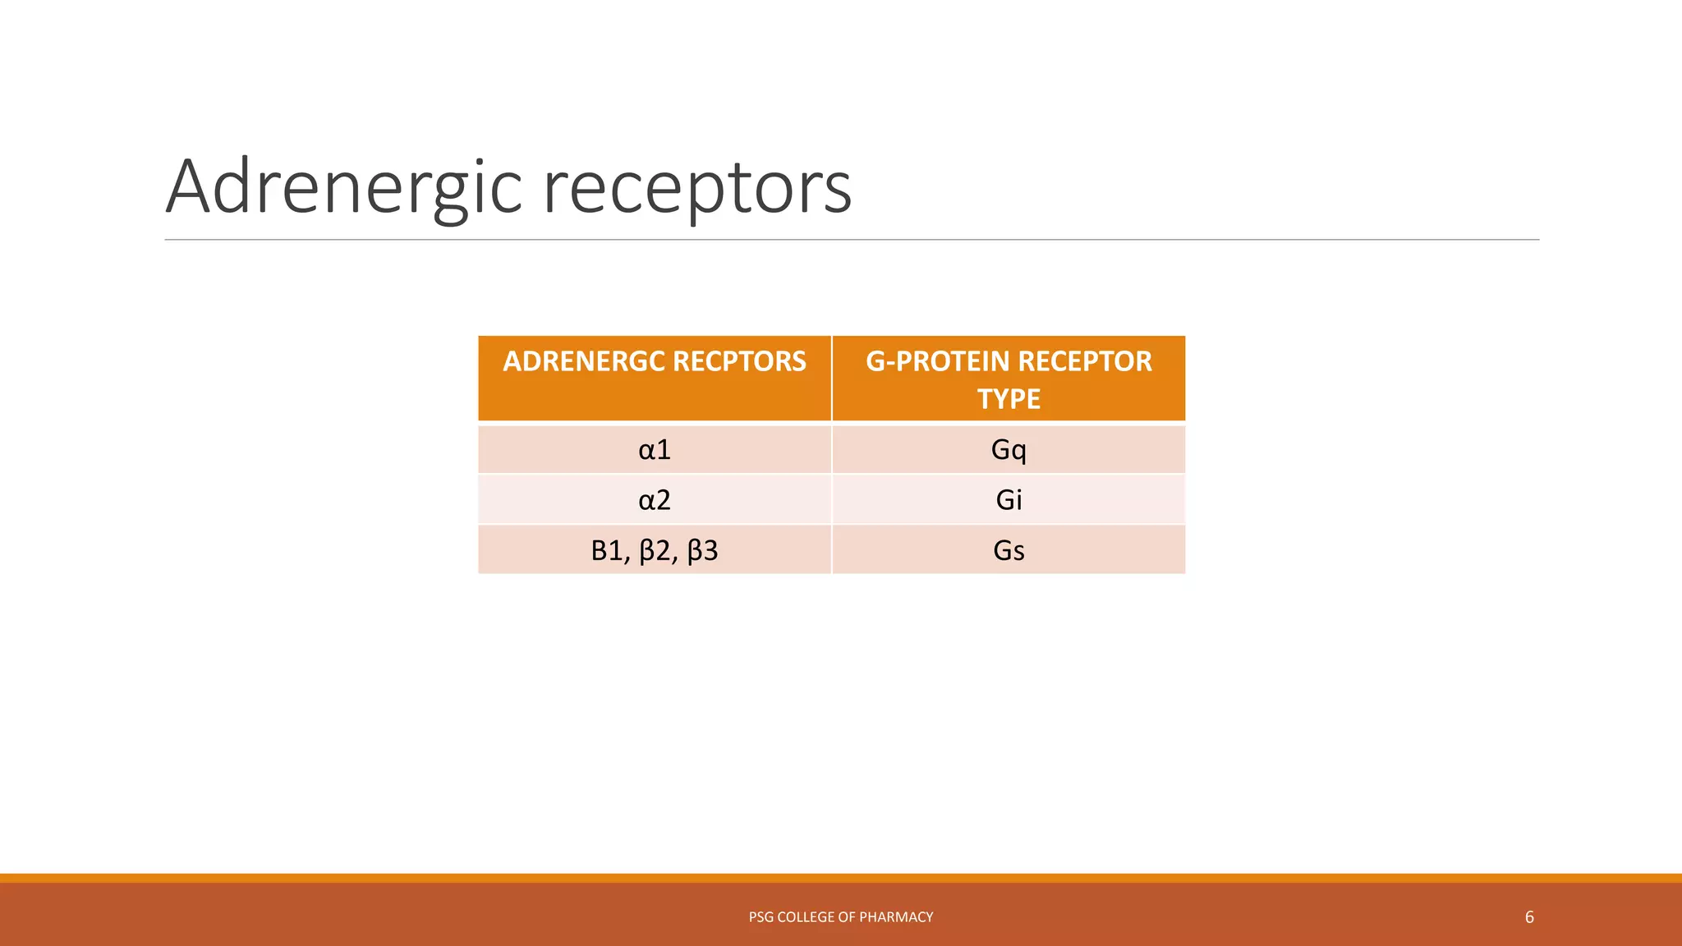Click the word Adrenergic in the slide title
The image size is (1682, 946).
(344, 188)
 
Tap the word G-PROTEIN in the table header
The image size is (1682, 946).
(937, 361)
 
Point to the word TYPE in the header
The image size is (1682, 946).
(1009, 399)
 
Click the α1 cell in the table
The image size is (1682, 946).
(655, 450)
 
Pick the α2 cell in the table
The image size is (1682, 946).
(655, 500)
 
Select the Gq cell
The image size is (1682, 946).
(1009, 450)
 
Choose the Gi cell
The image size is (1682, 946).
(1009, 500)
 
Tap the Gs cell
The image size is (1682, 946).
(1009, 550)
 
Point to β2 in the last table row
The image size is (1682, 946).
(657, 550)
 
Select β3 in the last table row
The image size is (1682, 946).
(702, 550)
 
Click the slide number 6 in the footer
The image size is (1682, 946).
(1529, 917)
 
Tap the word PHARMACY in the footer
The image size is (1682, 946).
(896, 917)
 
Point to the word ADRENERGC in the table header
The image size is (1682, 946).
(584, 361)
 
